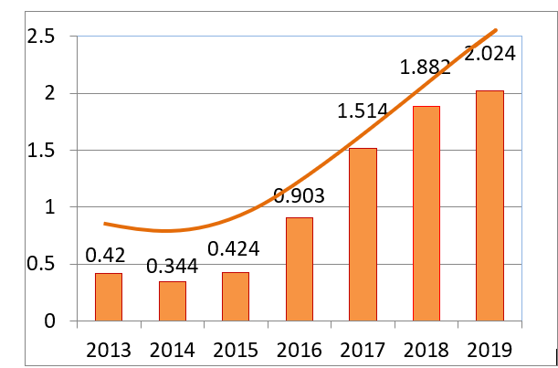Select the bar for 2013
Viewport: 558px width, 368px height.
[x=109, y=297]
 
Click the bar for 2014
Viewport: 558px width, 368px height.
[x=173, y=301]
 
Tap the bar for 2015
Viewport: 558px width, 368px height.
[x=236, y=297]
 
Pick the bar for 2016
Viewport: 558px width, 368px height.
[x=299, y=269]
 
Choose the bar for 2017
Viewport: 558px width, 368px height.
[x=363, y=235]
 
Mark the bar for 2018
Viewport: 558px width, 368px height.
[x=426, y=214]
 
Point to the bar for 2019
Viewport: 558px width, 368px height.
[x=490, y=205]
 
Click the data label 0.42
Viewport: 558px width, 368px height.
[x=105, y=254]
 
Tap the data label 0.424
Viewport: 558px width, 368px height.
[x=234, y=248]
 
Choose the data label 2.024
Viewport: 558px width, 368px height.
[x=490, y=53]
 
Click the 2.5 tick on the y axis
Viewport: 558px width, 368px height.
[x=42, y=37]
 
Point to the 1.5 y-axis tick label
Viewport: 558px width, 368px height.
[x=42, y=151]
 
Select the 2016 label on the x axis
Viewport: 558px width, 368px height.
[x=300, y=350]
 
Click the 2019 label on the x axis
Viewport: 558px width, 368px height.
[x=490, y=350]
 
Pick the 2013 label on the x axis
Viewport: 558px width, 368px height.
[x=109, y=350]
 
